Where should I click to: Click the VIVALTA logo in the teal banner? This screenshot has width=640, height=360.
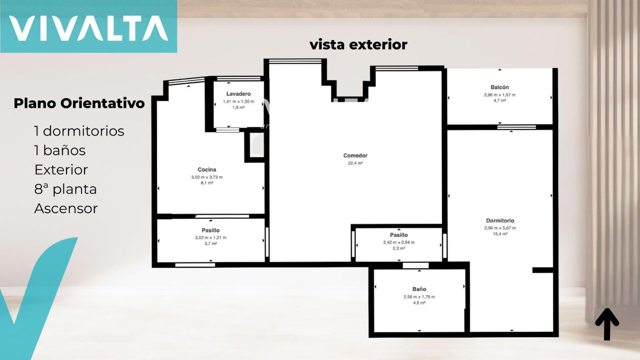click(x=88, y=28)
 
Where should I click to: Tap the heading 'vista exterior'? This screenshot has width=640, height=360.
click(x=358, y=44)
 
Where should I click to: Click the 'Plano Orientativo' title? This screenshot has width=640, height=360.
click(x=79, y=104)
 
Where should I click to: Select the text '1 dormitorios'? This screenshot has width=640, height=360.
click(x=79, y=131)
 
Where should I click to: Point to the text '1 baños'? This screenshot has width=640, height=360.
click(x=60, y=150)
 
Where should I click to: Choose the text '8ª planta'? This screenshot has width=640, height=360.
click(x=66, y=189)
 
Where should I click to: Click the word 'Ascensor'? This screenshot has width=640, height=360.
click(x=66, y=208)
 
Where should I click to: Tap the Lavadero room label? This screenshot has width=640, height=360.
click(x=238, y=94)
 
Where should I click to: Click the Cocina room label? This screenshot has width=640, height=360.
click(x=207, y=170)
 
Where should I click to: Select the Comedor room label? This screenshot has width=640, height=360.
click(x=356, y=156)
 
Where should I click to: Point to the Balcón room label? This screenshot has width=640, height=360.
click(x=500, y=87)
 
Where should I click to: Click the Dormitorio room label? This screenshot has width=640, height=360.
click(x=500, y=220)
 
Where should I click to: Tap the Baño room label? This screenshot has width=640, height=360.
click(x=420, y=289)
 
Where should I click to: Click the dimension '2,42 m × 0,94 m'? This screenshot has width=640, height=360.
click(x=399, y=242)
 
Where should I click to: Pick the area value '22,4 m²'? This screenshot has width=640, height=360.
click(x=356, y=163)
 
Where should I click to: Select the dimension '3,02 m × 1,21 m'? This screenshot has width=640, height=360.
click(x=210, y=238)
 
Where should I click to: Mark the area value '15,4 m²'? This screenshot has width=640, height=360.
click(x=500, y=234)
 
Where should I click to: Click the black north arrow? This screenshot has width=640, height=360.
click(x=607, y=324)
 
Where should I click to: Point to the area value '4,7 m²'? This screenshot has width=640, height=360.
click(x=500, y=100)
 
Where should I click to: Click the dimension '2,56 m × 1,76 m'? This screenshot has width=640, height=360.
click(x=420, y=297)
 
